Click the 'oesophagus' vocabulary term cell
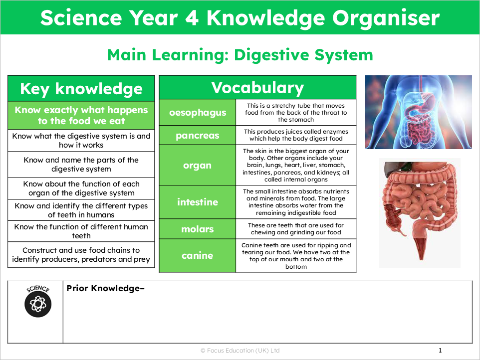click(198, 112)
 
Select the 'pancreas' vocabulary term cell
click(198, 135)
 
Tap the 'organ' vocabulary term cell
click(198, 165)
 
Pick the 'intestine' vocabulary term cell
click(198, 202)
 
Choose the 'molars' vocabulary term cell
click(198, 229)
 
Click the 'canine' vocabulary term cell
click(198, 255)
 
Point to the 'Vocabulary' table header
click(257, 87)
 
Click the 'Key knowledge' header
click(81, 89)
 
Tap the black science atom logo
click(38, 304)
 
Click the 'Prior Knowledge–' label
click(105, 288)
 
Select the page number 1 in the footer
click(440, 351)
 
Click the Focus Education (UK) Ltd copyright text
click(240, 351)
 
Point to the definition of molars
click(296, 229)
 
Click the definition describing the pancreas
click(296, 135)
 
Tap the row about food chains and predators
click(81, 255)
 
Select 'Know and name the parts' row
click(81, 165)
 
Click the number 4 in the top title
click(192, 18)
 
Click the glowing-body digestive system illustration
click(419, 112)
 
